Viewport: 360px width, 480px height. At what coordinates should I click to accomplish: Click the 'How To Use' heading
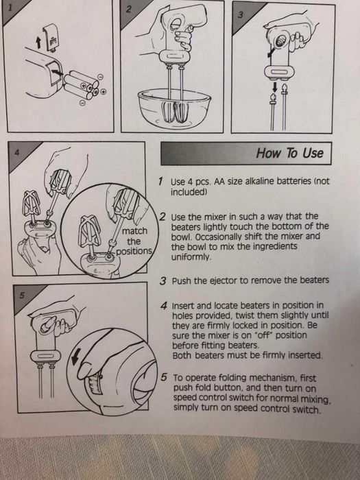289,153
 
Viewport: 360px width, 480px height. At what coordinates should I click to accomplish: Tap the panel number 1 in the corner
11,8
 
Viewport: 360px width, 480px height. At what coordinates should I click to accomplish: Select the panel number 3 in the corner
241,14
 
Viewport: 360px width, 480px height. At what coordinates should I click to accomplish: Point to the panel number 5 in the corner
21,296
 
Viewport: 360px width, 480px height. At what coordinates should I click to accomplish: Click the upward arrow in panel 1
38,43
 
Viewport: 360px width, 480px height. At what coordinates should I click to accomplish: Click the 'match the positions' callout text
134,241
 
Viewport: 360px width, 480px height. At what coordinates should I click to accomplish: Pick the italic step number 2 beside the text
163,217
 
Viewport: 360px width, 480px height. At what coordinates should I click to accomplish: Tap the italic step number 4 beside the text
164,306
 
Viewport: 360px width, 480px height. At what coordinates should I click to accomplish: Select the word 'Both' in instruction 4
182,355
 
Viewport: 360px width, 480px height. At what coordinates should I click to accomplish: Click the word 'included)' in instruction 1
189,192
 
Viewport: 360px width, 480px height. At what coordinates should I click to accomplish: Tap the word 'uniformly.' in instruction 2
191,256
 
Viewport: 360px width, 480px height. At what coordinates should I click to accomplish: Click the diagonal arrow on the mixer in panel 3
271,53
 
